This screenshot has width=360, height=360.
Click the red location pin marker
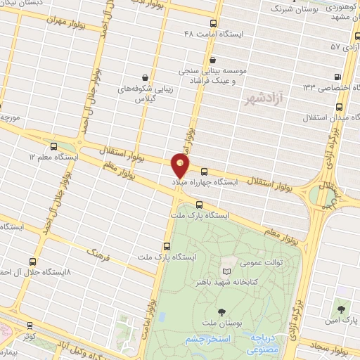(x=181, y=165)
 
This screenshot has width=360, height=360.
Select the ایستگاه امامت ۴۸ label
(x=212, y=34)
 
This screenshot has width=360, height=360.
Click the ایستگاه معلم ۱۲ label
(x=52, y=156)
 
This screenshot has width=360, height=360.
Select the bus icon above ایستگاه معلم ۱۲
(x=52, y=145)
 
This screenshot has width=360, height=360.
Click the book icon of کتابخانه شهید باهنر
(x=226, y=271)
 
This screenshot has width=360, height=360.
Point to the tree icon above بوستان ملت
(x=223, y=311)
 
